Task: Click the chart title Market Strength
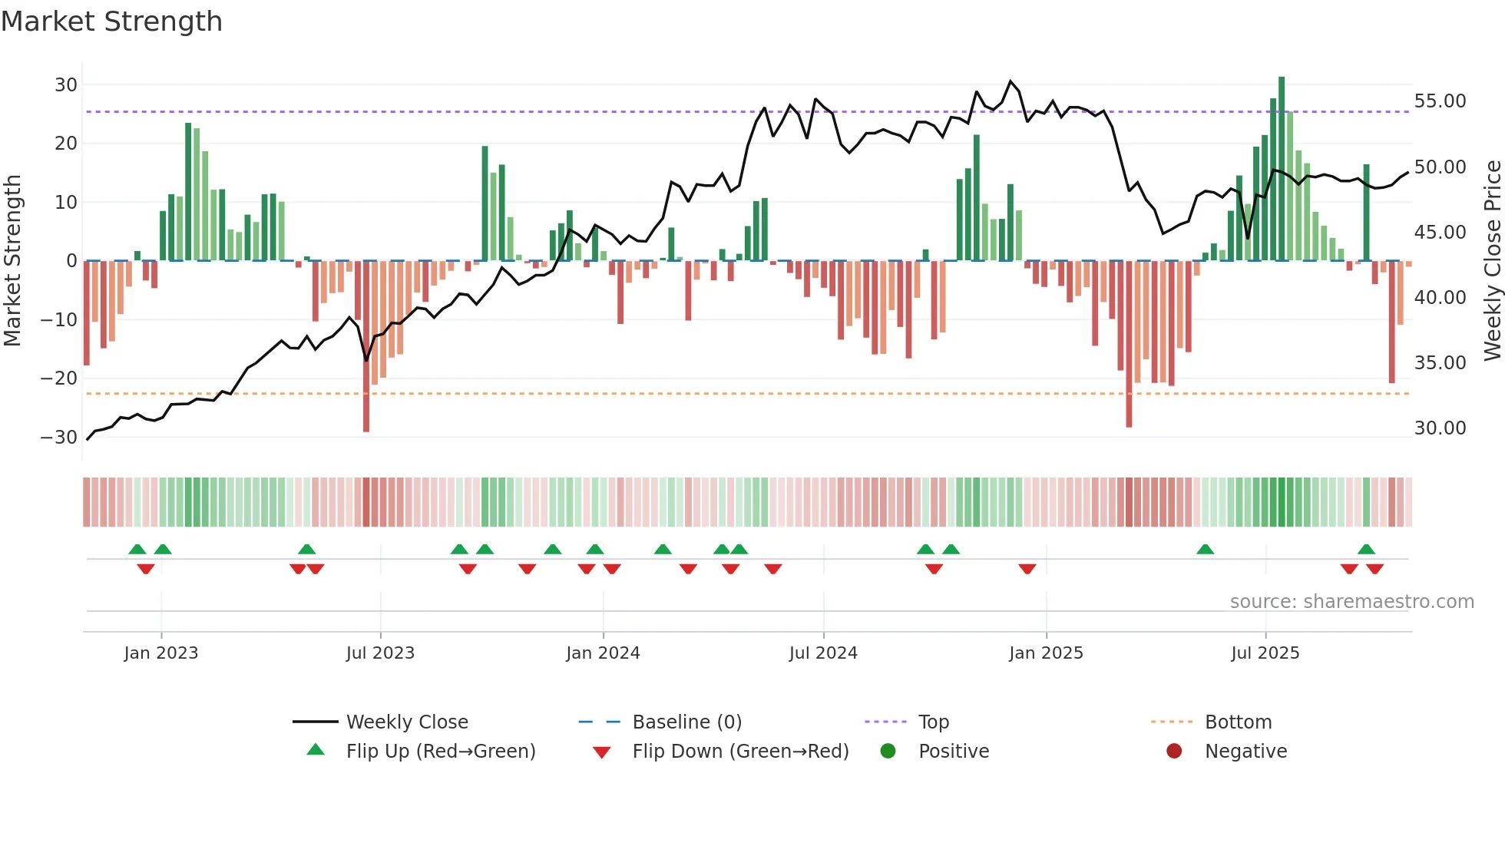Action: pos(111,21)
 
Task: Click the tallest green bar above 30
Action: pos(1282,169)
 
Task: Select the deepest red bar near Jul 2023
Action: pos(366,345)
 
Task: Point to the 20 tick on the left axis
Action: pos(65,144)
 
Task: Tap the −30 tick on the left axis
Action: pos(59,438)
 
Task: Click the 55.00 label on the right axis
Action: pos(1440,101)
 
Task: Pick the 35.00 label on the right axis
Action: pos(1440,363)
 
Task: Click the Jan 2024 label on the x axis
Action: pos(603,653)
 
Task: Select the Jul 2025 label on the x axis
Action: pos(1265,653)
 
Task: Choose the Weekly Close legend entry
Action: pos(406,722)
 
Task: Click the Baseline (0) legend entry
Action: pos(686,722)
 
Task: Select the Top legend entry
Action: pos(933,722)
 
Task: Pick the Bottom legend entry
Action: pos(1238,722)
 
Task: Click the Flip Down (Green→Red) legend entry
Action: pos(739,752)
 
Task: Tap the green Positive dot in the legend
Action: pos(888,752)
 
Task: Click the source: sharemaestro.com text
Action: pos(1351,602)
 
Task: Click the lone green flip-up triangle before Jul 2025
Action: pos(1205,550)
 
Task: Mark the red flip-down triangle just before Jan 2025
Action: pos(1027,569)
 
